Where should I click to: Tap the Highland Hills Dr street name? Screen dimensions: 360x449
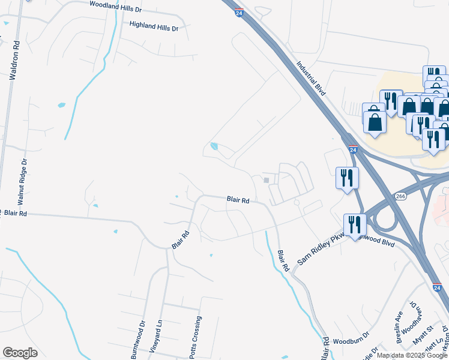(x=154, y=27)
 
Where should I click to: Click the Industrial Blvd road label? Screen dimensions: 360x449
(x=311, y=77)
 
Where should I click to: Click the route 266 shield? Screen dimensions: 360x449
(x=400, y=196)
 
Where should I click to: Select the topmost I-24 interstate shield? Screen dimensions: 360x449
(x=238, y=13)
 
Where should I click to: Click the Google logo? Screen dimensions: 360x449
(x=20, y=353)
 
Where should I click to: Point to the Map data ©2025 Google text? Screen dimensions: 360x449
(x=412, y=355)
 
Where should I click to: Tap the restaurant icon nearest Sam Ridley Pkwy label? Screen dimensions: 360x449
(x=354, y=225)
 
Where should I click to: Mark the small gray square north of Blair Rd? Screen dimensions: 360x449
(x=267, y=180)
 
